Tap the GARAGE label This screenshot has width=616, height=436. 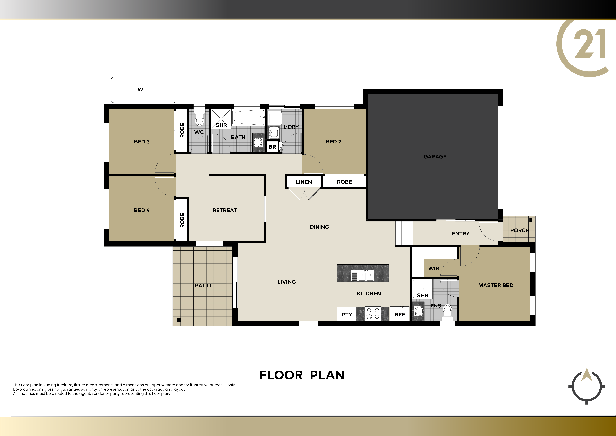(435, 156)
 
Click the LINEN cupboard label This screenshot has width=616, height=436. (304, 182)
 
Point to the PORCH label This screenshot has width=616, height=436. (520, 230)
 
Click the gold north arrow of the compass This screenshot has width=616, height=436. (587, 375)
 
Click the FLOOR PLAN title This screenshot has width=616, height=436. (302, 375)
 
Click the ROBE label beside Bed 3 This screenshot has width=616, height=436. (182, 130)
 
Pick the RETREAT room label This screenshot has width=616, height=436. (225, 210)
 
